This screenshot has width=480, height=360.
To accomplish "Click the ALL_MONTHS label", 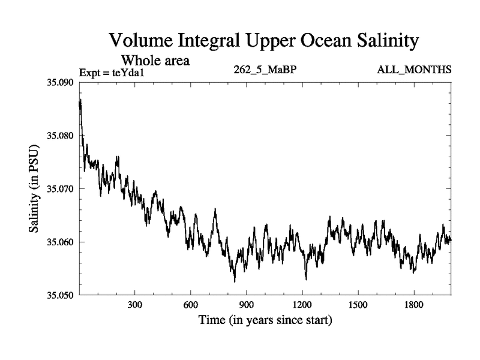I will click(414, 70).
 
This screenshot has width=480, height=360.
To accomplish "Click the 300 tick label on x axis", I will click(135, 305).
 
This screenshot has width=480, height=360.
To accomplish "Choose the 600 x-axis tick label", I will click(191, 305).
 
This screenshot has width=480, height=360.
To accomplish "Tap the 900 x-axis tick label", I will click(247, 305).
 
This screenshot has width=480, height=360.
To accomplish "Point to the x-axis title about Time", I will click(265, 320).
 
